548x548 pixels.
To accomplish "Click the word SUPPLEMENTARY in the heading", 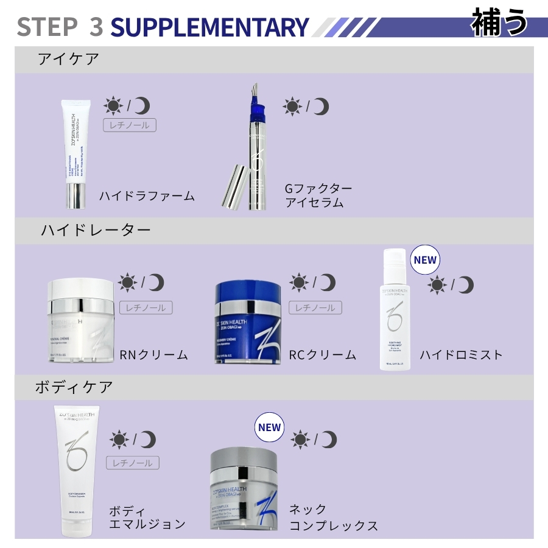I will (210, 27).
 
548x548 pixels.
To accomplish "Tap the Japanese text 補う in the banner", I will (500, 23).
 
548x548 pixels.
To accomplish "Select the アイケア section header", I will (68, 59).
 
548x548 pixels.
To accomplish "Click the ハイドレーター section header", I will (96, 230).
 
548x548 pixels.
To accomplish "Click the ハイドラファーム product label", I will (147, 196).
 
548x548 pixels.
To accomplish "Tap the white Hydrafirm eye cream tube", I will (76, 152).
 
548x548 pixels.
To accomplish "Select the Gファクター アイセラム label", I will (318, 195).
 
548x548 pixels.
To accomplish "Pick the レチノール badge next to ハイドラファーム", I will (130, 125).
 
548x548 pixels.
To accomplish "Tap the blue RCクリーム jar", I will (248, 323).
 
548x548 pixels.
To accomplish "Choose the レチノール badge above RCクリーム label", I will (315, 308).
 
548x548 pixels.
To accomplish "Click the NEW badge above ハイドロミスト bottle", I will (425, 260).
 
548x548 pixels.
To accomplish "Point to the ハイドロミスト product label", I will (461, 354).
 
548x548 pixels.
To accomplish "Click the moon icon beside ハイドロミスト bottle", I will (465, 284).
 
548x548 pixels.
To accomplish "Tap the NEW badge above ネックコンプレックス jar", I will (269, 427).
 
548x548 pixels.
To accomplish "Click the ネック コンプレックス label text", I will (332, 518).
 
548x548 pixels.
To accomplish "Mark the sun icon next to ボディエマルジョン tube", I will (118, 439).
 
